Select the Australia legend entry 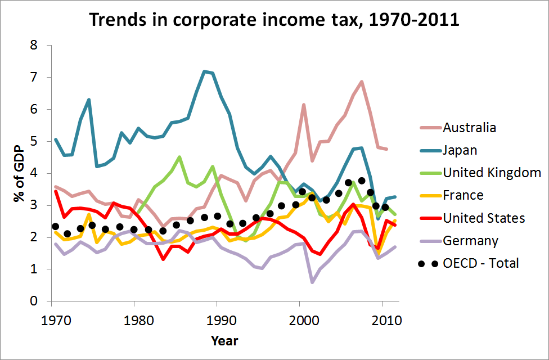(469, 127)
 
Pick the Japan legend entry (459, 150)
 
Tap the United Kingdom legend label (492, 173)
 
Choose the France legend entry (462, 195)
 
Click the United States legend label (484, 218)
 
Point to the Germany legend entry (470, 241)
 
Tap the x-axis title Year (224, 341)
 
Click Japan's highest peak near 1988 (204, 71)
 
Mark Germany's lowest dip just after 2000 (312, 282)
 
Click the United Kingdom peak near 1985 (179, 157)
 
